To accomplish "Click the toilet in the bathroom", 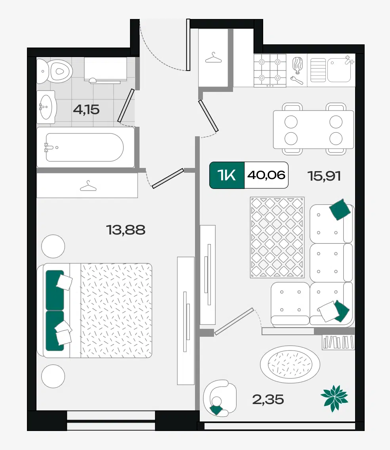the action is [55, 71].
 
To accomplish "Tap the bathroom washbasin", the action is [46, 107].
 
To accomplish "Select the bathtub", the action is [86, 147].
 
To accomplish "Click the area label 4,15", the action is [86, 110].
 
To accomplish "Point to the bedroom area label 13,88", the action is [126, 230].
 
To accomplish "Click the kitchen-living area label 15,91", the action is [324, 176].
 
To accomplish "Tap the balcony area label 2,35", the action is [268, 399].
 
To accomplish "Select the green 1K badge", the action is [227, 175].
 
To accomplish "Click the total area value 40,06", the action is [266, 175].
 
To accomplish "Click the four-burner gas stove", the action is [270, 71].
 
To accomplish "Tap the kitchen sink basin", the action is [339, 70].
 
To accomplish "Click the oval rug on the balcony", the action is [290, 364].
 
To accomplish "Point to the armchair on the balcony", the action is [220, 399].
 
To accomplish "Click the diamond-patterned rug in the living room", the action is [277, 237].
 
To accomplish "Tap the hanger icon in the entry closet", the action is [213, 58].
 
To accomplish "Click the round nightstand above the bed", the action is [53, 246].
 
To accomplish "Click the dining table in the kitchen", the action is [314, 130].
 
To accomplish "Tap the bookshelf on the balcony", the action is [338, 342].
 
